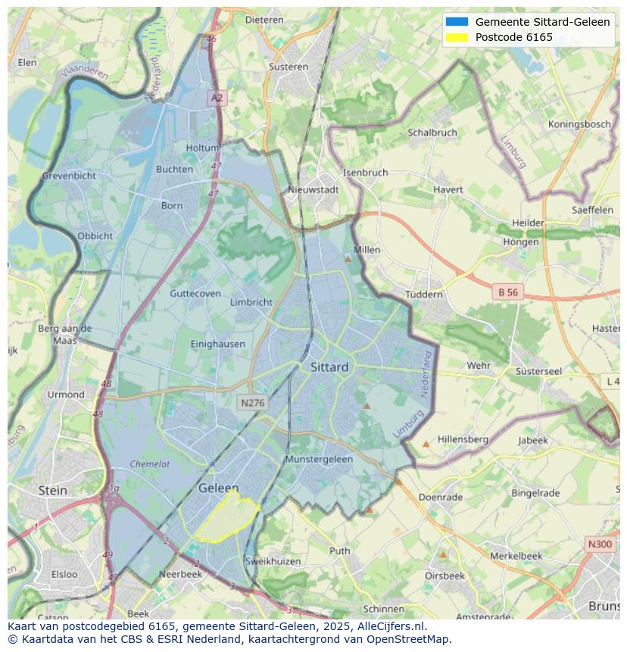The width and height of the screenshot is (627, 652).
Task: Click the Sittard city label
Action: tap(329, 367)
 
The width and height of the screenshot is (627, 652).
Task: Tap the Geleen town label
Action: tap(218, 488)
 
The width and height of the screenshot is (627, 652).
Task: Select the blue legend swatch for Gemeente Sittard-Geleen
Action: tap(457, 22)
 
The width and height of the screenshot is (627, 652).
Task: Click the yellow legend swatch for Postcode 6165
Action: tap(457, 37)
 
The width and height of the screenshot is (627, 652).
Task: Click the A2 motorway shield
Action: tap(217, 98)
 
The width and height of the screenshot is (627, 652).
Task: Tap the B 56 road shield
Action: tap(508, 292)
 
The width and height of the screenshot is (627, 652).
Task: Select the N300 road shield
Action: tap(600, 544)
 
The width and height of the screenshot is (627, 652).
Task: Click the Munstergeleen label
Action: tap(319, 460)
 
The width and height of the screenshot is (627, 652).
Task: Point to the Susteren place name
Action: tap(289, 67)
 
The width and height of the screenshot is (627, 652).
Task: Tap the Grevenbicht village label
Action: tap(69, 176)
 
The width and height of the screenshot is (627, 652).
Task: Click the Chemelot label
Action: tap(150, 464)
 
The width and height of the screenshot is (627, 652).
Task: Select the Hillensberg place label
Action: tap(463, 439)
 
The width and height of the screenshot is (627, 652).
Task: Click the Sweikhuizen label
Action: tap(273, 561)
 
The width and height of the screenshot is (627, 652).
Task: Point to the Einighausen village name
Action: tap(218, 344)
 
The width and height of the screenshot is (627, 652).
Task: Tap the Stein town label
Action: tap(53, 491)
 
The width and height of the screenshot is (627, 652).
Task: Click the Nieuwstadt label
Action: tap(313, 190)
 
